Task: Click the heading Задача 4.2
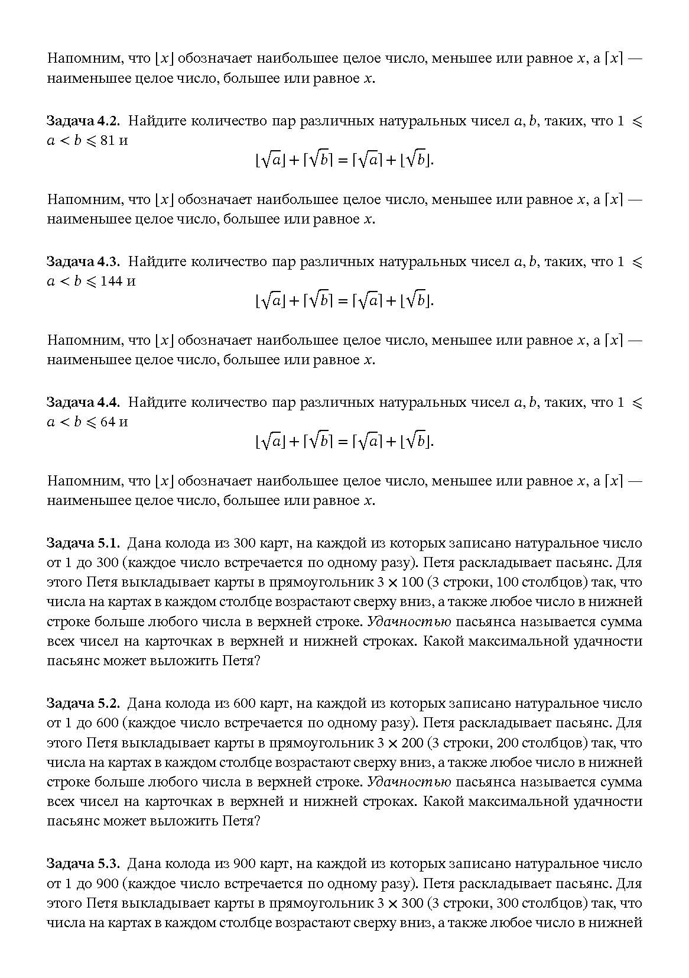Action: (x=83, y=121)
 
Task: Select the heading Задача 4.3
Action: (x=83, y=262)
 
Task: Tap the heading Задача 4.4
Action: (x=83, y=403)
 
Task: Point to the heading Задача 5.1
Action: (x=83, y=543)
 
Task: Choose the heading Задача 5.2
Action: (x=83, y=704)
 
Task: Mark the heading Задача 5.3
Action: (x=83, y=864)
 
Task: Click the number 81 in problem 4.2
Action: (x=108, y=141)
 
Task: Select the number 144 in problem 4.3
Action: (x=110, y=281)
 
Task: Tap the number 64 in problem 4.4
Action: (x=108, y=422)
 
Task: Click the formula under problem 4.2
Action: (x=344, y=160)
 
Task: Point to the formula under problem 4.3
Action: (x=344, y=300)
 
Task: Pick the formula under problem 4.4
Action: (x=344, y=441)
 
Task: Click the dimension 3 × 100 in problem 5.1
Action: (x=400, y=582)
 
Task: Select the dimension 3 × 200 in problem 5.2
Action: (x=400, y=743)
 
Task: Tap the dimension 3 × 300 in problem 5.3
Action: (x=400, y=903)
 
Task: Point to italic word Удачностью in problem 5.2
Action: (x=409, y=782)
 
